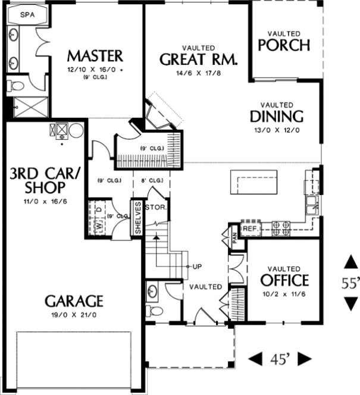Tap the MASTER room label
click(95, 57)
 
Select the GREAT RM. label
click(199, 59)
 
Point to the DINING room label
click(277, 116)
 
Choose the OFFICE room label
click(284, 280)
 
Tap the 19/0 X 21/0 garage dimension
click(75, 315)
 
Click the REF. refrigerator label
click(249, 228)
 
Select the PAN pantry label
click(235, 239)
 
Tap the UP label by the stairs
click(198, 266)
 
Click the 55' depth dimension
click(350, 284)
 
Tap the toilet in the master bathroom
click(15, 86)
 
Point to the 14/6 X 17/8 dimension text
click(199, 74)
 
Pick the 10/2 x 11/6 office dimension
click(284, 294)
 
